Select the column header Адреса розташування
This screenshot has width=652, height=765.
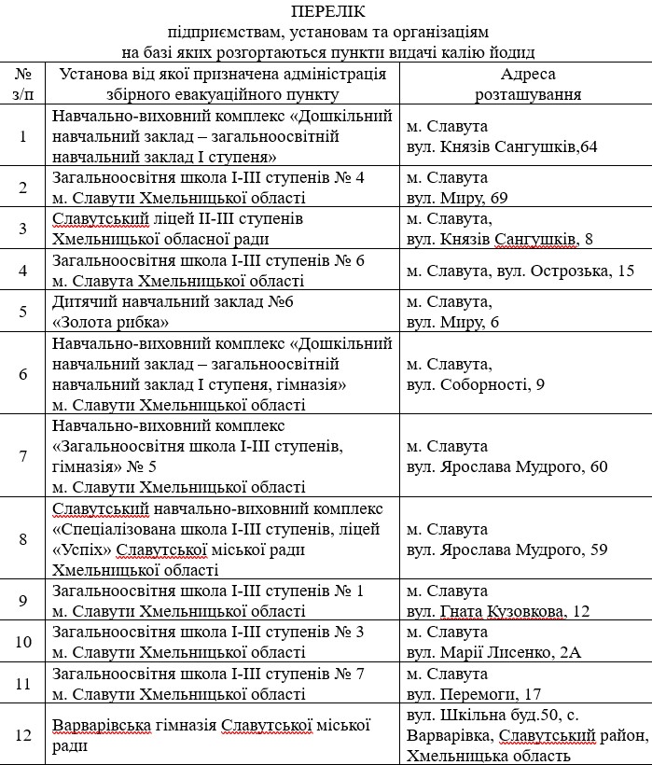click(527, 84)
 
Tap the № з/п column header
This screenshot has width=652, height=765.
click(23, 84)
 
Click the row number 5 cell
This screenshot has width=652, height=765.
click(23, 312)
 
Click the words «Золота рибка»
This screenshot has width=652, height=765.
click(111, 322)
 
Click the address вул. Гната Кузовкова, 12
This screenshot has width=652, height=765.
click(499, 611)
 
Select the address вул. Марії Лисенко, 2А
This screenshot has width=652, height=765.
click(494, 652)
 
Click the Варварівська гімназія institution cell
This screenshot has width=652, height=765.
click(211, 735)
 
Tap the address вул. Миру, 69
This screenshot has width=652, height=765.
click(457, 198)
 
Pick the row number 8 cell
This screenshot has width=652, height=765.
click(23, 538)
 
